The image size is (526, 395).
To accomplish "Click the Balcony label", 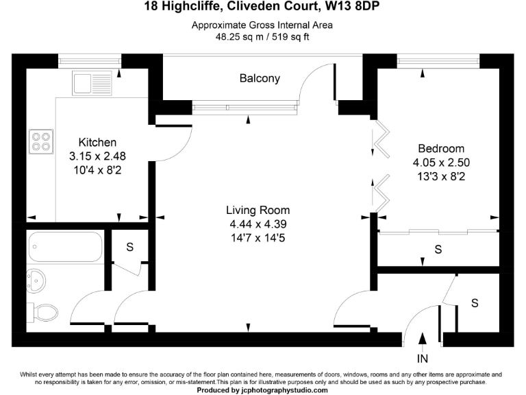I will pos(260,78).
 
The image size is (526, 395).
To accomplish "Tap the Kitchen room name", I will pos(97,143).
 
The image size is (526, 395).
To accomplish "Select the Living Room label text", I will pos(258,211).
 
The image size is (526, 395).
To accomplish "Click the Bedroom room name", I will pos(441,149).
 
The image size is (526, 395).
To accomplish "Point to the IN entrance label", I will pos(423,358).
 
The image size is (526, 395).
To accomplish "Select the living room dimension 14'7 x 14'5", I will pos(258,238).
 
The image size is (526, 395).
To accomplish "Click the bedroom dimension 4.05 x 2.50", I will pos(441,163).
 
